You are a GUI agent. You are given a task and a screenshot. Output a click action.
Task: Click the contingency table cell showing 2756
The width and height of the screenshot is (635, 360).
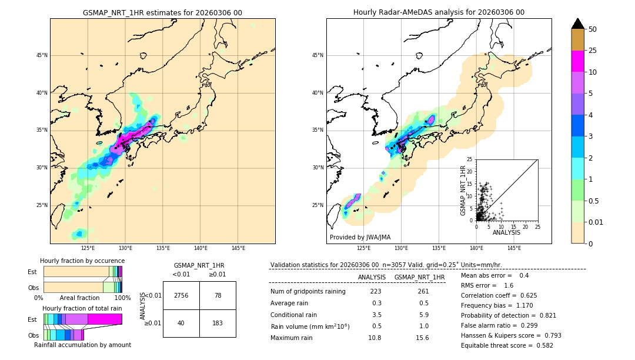(181, 295)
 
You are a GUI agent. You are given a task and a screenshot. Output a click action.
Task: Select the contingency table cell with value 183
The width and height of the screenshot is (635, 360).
(218, 323)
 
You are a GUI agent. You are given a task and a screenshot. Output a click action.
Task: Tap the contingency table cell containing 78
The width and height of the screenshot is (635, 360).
(218, 295)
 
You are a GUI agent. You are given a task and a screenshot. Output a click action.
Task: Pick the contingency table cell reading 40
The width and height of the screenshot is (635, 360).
(181, 323)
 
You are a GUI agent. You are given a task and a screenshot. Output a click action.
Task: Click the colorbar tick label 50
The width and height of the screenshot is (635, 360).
(593, 29)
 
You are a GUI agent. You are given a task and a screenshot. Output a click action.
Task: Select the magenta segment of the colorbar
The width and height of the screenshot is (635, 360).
(578, 61)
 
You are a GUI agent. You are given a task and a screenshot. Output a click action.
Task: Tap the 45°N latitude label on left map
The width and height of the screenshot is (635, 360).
(41, 55)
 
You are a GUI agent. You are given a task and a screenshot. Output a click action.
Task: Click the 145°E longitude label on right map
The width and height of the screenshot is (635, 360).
(514, 248)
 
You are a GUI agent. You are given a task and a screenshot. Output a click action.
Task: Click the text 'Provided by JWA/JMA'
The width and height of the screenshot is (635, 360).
(360, 237)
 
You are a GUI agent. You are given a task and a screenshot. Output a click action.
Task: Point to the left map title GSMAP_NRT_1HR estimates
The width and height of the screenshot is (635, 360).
(162, 12)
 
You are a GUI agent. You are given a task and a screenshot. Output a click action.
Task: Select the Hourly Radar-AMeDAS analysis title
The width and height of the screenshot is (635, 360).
(439, 12)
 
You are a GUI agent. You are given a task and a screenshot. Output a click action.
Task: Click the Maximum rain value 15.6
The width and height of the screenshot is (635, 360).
(422, 338)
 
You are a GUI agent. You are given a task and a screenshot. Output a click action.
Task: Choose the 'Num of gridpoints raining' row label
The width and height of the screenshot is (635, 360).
(308, 291)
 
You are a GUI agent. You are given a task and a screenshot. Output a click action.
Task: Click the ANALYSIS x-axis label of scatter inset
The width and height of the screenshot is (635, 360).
(506, 232)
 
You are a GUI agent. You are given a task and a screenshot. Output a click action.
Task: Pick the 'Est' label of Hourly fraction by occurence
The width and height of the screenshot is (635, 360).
(32, 272)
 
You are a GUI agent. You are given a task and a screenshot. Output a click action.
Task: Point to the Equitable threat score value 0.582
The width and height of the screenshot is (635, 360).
(540, 345)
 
